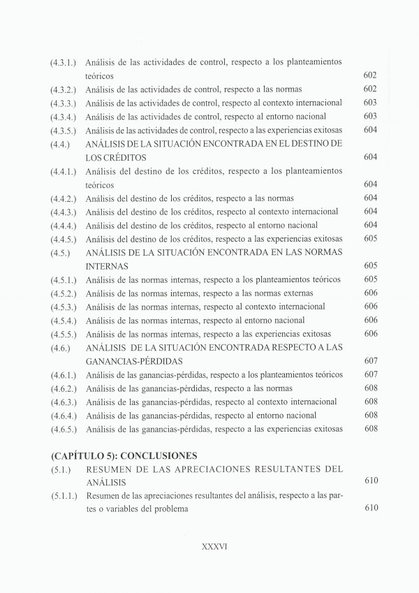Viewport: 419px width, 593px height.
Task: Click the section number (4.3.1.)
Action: point(64,62)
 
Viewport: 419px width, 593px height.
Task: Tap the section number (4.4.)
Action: point(59,144)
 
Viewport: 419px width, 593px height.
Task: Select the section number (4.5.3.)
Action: point(64,307)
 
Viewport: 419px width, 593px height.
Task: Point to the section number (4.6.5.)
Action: point(64,429)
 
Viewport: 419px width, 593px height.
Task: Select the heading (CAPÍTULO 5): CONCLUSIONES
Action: point(124,455)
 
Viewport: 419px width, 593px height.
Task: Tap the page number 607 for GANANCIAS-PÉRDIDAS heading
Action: point(371,361)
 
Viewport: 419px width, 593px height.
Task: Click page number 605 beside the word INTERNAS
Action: point(371,266)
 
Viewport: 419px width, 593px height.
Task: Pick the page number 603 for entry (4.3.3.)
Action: point(371,103)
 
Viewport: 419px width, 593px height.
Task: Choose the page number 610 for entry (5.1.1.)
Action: point(371,508)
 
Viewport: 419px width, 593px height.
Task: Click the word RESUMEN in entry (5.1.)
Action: point(110,470)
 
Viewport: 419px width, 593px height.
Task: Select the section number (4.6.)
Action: point(59,348)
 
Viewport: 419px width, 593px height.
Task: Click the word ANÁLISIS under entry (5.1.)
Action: point(107,483)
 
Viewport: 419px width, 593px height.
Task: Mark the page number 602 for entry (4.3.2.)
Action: point(371,89)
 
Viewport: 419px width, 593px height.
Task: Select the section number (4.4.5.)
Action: point(64,239)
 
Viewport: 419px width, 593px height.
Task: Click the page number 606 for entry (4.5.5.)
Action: point(371,334)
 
